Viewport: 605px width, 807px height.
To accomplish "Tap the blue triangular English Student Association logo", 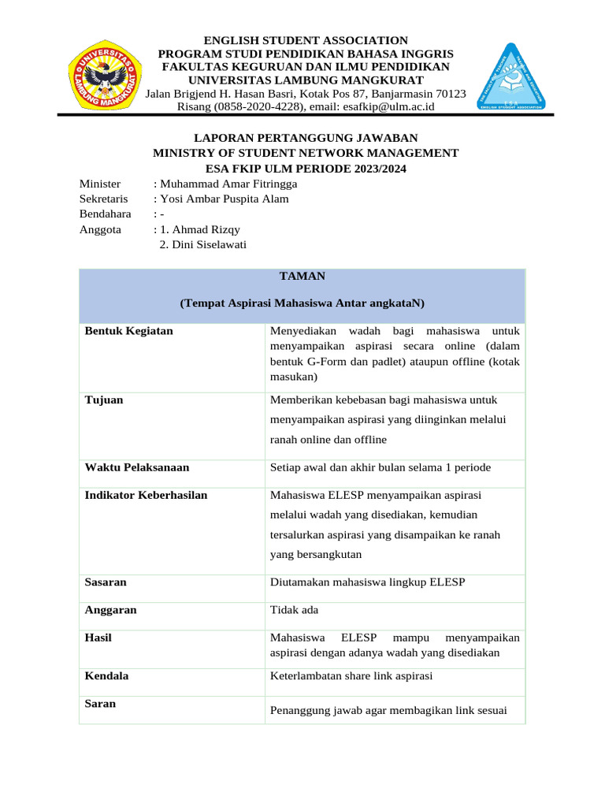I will pyautogui.click(x=512, y=76).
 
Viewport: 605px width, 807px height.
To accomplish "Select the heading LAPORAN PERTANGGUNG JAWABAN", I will pyautogui.click(x=306, y=137).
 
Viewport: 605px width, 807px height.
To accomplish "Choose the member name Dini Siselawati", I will pyautogui.click(x=203, y=244).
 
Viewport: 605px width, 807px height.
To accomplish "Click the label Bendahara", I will pyautogui.click(x=105, y=214).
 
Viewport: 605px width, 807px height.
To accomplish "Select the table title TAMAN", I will pyautogui.click(x=302, y=276).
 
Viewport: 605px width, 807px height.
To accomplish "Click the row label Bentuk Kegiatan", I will pyautogui.click(x=128, y=331).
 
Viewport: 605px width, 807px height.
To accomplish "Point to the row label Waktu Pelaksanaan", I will pyautogui.click(x=136, y=467).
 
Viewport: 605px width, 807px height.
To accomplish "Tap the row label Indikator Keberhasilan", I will pyautogui.click(x=146, y=495).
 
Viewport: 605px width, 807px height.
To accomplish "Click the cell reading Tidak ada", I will pyautogui.click(x=295, y=610).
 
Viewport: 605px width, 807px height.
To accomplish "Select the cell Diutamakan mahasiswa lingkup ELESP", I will pyautogui.click(x=368, y=582).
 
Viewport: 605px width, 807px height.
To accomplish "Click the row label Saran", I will pyautogui.click(x=100, y=703).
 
